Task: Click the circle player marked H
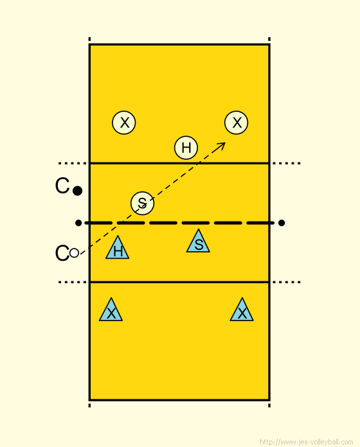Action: pyautogui.click(x=186, y=148)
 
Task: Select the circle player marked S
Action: pyautogui.click(x=142, y=203)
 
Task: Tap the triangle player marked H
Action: pyautogui.click(x=117, y=247)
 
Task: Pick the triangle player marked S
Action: pyautogui.click(x=198, y=241)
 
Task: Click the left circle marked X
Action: pyautogui.click(x=124, y=123)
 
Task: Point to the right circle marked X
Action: pyautogui.click(x=236, y=123)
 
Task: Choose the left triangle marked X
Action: pyautogui.click(x=111, y=310)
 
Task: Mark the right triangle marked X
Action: pyautogui.click(x=242, y=310)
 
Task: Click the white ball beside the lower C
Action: pyautogui.click(x=74, y=253)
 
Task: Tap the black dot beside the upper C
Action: pyautogui.click(x=77, y=191)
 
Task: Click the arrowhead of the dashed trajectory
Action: pyautogui.click(x=221, y=145)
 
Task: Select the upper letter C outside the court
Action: pyautogui.click(x=62, y=186)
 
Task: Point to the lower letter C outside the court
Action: pyautogui.click(x=62, y=253)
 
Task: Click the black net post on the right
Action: pyautogui.click(x=282, y=223)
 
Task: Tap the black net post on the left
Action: pyautogui.click(x=78, y=223)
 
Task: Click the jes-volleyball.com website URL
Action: pyautogui.click(x=307, y=442)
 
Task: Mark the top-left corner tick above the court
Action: pyautogui.click(x=89, y=39)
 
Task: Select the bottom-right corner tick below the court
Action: pyautogui.click(x=269, y=405)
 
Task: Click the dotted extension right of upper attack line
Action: pyautogui.click(x=287, y=163)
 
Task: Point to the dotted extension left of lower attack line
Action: pyautogui.click(x=72, y=282)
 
